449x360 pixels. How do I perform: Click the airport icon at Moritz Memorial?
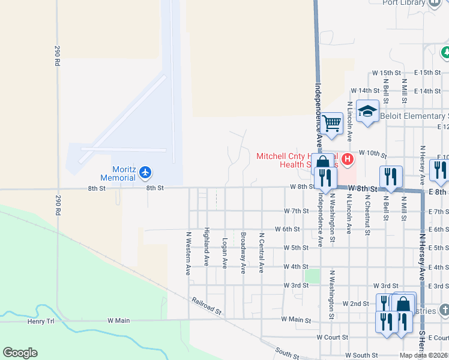145,173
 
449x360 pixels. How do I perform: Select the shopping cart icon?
331,124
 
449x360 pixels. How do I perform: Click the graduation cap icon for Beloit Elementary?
367,111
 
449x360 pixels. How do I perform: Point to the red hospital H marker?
348,160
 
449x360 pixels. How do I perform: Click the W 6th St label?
287,229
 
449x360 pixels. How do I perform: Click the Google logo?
20,353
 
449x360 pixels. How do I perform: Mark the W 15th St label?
386,73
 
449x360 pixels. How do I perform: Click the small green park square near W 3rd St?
312,275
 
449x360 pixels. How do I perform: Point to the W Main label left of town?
119,321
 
